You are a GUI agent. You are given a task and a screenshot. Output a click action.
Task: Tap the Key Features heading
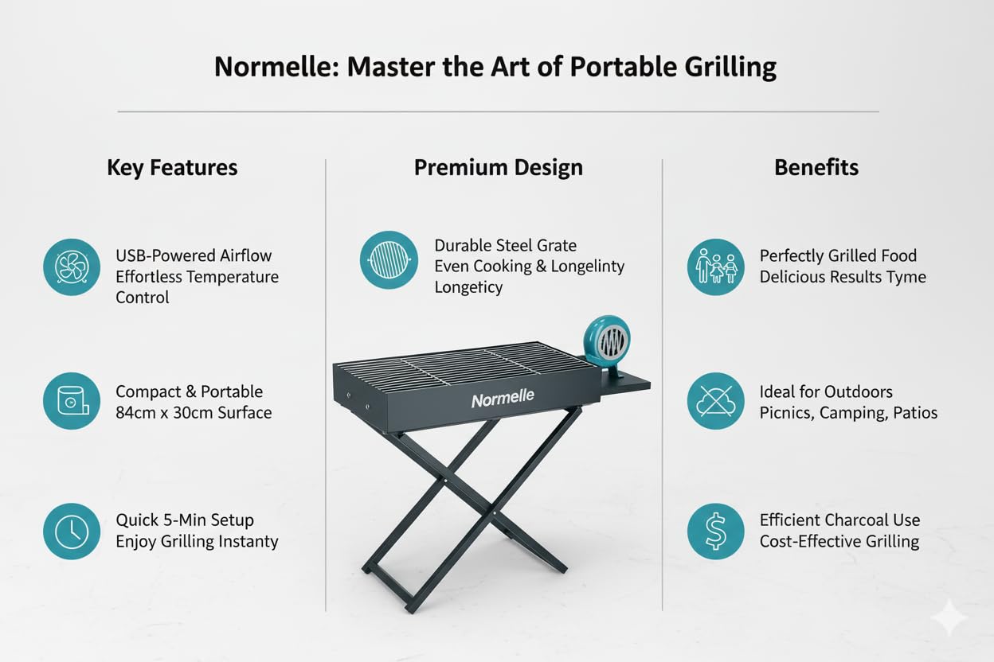click(172, 168)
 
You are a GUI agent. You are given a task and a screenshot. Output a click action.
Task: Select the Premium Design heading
click(499, 168)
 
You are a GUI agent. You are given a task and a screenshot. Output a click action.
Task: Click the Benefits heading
click(816, 167)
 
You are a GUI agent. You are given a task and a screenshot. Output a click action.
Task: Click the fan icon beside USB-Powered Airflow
click(72, 267)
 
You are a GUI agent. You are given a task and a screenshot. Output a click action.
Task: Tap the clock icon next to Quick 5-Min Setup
click(72, 532)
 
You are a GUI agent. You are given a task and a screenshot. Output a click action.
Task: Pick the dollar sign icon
click(716, 532)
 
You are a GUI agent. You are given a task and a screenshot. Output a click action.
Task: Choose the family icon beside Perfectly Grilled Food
click(716, 267)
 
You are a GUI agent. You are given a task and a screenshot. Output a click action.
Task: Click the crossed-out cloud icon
click(716, 401)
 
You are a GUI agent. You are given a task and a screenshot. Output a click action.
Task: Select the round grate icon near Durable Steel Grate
click(389, 260)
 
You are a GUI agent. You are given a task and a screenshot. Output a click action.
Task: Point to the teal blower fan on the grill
click(608, 341)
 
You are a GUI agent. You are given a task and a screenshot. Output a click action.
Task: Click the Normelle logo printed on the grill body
click(503, 399)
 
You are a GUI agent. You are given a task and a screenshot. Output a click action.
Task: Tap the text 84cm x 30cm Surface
click(194, 413)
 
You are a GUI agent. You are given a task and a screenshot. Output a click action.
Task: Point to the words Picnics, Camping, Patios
click(848, 413)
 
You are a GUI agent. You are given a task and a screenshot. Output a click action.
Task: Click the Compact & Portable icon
click(72, 401)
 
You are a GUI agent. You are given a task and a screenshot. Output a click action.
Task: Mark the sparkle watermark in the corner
click(949, 617)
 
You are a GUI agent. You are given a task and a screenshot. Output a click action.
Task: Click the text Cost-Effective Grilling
click(839, 541)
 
